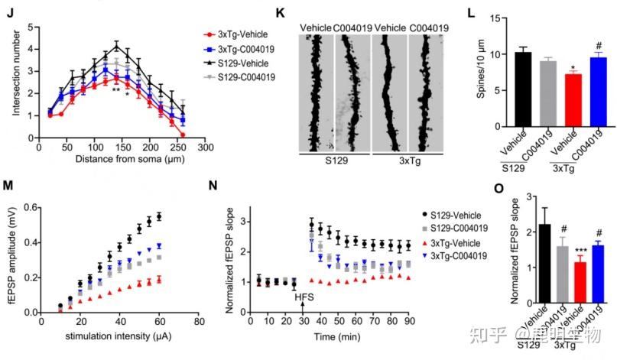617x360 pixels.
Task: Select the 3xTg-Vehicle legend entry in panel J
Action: coord(238,35)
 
